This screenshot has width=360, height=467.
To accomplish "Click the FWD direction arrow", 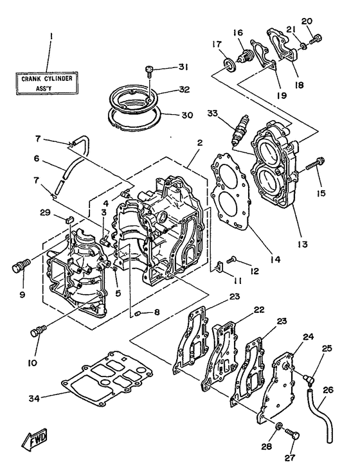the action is pyautogui.click(x=35, y=438).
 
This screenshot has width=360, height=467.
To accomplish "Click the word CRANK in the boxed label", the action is pyautogui.click(x=32, y=79).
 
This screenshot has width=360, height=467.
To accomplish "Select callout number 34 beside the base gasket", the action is pyautogui.click(x=34, y=398).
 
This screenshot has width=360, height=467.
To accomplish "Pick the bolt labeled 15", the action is pyautogui.click(x=314, y=163).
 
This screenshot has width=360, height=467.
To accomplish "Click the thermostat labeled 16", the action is pyautogui.click(x=244, y=56).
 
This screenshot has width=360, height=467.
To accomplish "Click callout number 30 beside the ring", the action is pyautogui.click(x=187, y=115).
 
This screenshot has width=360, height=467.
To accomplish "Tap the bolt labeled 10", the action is pyautogui.click(x=38, y=331).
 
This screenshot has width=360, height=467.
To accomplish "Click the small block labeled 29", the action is pyautogui.click(x=69, y=220).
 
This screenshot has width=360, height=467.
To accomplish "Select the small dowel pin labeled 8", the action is pyautogui.click(x=138, y=313).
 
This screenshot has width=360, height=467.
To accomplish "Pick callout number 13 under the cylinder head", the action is pyautogui.click(x=302, y=244).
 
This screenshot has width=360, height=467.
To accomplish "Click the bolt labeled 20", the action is pyautogui.click(x=315, y=40).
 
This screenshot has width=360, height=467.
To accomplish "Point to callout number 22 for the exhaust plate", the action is pyautogui.click(x=259, y=310).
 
